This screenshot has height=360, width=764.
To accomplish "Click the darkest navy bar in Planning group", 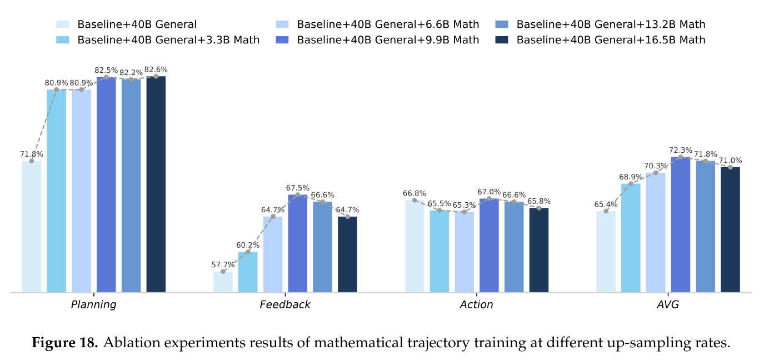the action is click(156, 184).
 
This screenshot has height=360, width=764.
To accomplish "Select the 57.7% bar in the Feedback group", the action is click(223, 282).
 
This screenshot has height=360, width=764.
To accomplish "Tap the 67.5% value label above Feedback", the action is click(298, 188).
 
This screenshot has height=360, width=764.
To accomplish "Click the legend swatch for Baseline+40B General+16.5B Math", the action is click(501, 40).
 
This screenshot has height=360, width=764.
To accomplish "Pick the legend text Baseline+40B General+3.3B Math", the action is click(168, 40).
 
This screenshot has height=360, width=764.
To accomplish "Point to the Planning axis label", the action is click(94, 304).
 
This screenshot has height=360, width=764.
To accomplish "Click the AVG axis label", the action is click(668, 304).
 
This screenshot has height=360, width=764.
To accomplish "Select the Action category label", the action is click(477, 304).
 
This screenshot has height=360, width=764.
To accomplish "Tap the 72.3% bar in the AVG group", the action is click(681, 224).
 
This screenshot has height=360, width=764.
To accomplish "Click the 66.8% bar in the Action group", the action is click(415, 246).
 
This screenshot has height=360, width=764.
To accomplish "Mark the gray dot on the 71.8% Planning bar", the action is click(32, 161).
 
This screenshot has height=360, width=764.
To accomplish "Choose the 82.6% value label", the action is click(156, 69).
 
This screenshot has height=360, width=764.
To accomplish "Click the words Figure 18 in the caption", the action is click(65, 342).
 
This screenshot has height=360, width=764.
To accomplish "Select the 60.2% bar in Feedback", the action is click(248, 272).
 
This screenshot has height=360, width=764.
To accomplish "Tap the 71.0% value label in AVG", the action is click(730, 160).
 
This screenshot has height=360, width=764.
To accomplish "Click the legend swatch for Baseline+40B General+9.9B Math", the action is click(282, 40).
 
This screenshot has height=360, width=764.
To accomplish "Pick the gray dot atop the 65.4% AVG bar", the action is click(606, 211).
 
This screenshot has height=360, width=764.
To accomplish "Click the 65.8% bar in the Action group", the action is click(539, 250).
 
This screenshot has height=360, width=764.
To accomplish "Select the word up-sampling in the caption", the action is click(656, 343).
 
